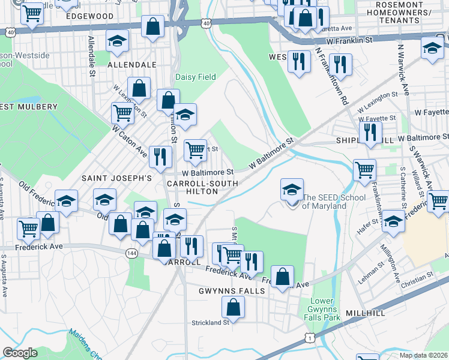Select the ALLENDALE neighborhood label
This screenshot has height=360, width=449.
pyautogui.click(x=127, y=63)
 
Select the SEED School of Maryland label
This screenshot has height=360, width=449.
pyautogui.click(x=324, y=202)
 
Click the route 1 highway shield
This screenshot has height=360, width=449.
pyautogui.click(x=309, y=340)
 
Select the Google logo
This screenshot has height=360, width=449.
pyautogui.click(x=20, y=352)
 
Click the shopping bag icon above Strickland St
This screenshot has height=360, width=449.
pyautogui.click(x=233, y=307)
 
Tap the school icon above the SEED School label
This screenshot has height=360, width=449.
pyautogui.click(x=292, y=190)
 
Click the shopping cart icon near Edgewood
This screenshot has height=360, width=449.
pyautogui.click(x=32, y=13)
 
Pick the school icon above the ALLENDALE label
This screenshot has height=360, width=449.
pyautogui.click(x=118, y=41)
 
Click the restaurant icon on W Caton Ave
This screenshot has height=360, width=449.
pyautogui.click(x=160, y=156)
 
